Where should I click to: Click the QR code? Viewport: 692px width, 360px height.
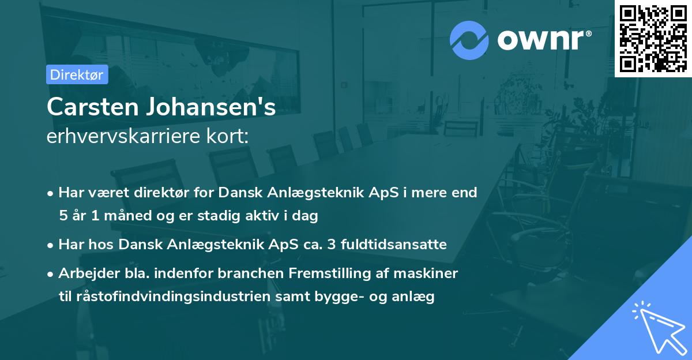click(x=653, y=38)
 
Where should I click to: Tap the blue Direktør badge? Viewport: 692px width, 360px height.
click(x=77, y=74)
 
